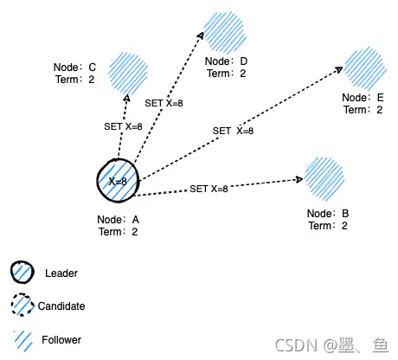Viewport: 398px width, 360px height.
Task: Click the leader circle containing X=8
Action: (117, 180)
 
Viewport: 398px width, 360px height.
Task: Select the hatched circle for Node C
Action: (130, 71)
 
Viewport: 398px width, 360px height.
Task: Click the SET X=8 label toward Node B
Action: (209, 189)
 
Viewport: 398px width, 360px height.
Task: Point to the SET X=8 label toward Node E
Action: (234, 131)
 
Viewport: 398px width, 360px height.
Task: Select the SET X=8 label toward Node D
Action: (164, 103)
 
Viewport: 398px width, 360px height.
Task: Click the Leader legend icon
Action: (22, 273)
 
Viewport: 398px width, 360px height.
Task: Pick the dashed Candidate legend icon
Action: (23, 305)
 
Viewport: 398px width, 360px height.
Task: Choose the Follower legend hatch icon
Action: (22, 338)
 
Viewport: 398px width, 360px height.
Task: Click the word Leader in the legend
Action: (61, 273)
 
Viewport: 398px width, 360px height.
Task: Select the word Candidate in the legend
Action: (61, 305)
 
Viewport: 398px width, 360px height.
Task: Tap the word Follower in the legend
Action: (61, 339)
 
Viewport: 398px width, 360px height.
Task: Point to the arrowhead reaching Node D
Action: (201, 34)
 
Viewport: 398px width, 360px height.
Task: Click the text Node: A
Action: (119, 219)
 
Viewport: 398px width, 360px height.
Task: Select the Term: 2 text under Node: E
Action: (362, 110)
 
